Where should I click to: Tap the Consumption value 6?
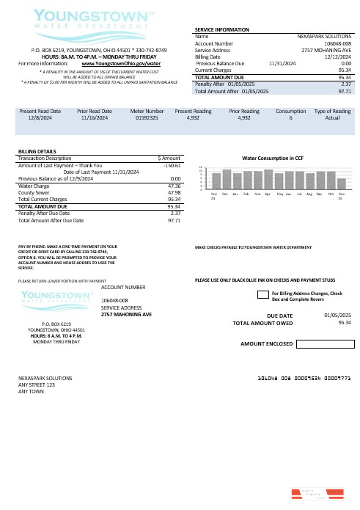(291, 117)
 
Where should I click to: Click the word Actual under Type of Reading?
(332, 117)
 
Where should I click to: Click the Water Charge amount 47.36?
(174, 186)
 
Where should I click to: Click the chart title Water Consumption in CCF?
(273, 158)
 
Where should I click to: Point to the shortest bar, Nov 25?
(342, 184)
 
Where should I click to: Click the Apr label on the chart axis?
(268, 194)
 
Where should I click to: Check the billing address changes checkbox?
(260, 295)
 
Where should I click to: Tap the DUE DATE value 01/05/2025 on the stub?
(337, 315)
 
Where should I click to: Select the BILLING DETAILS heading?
(37, 151)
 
